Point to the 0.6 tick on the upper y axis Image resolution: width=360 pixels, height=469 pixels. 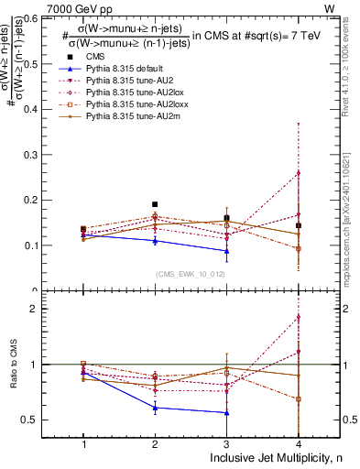coord(38,17)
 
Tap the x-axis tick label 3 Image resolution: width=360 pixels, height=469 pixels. coord(226,443)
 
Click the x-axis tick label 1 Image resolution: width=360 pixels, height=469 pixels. coord(84,443)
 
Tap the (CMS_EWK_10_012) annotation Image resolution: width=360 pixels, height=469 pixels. coord(189,273)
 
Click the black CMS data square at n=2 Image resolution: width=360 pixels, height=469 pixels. coord(155,204)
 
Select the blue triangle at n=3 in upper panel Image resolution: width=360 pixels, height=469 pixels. coord(226,251)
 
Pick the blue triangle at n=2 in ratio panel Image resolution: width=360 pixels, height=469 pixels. coord(155,408)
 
